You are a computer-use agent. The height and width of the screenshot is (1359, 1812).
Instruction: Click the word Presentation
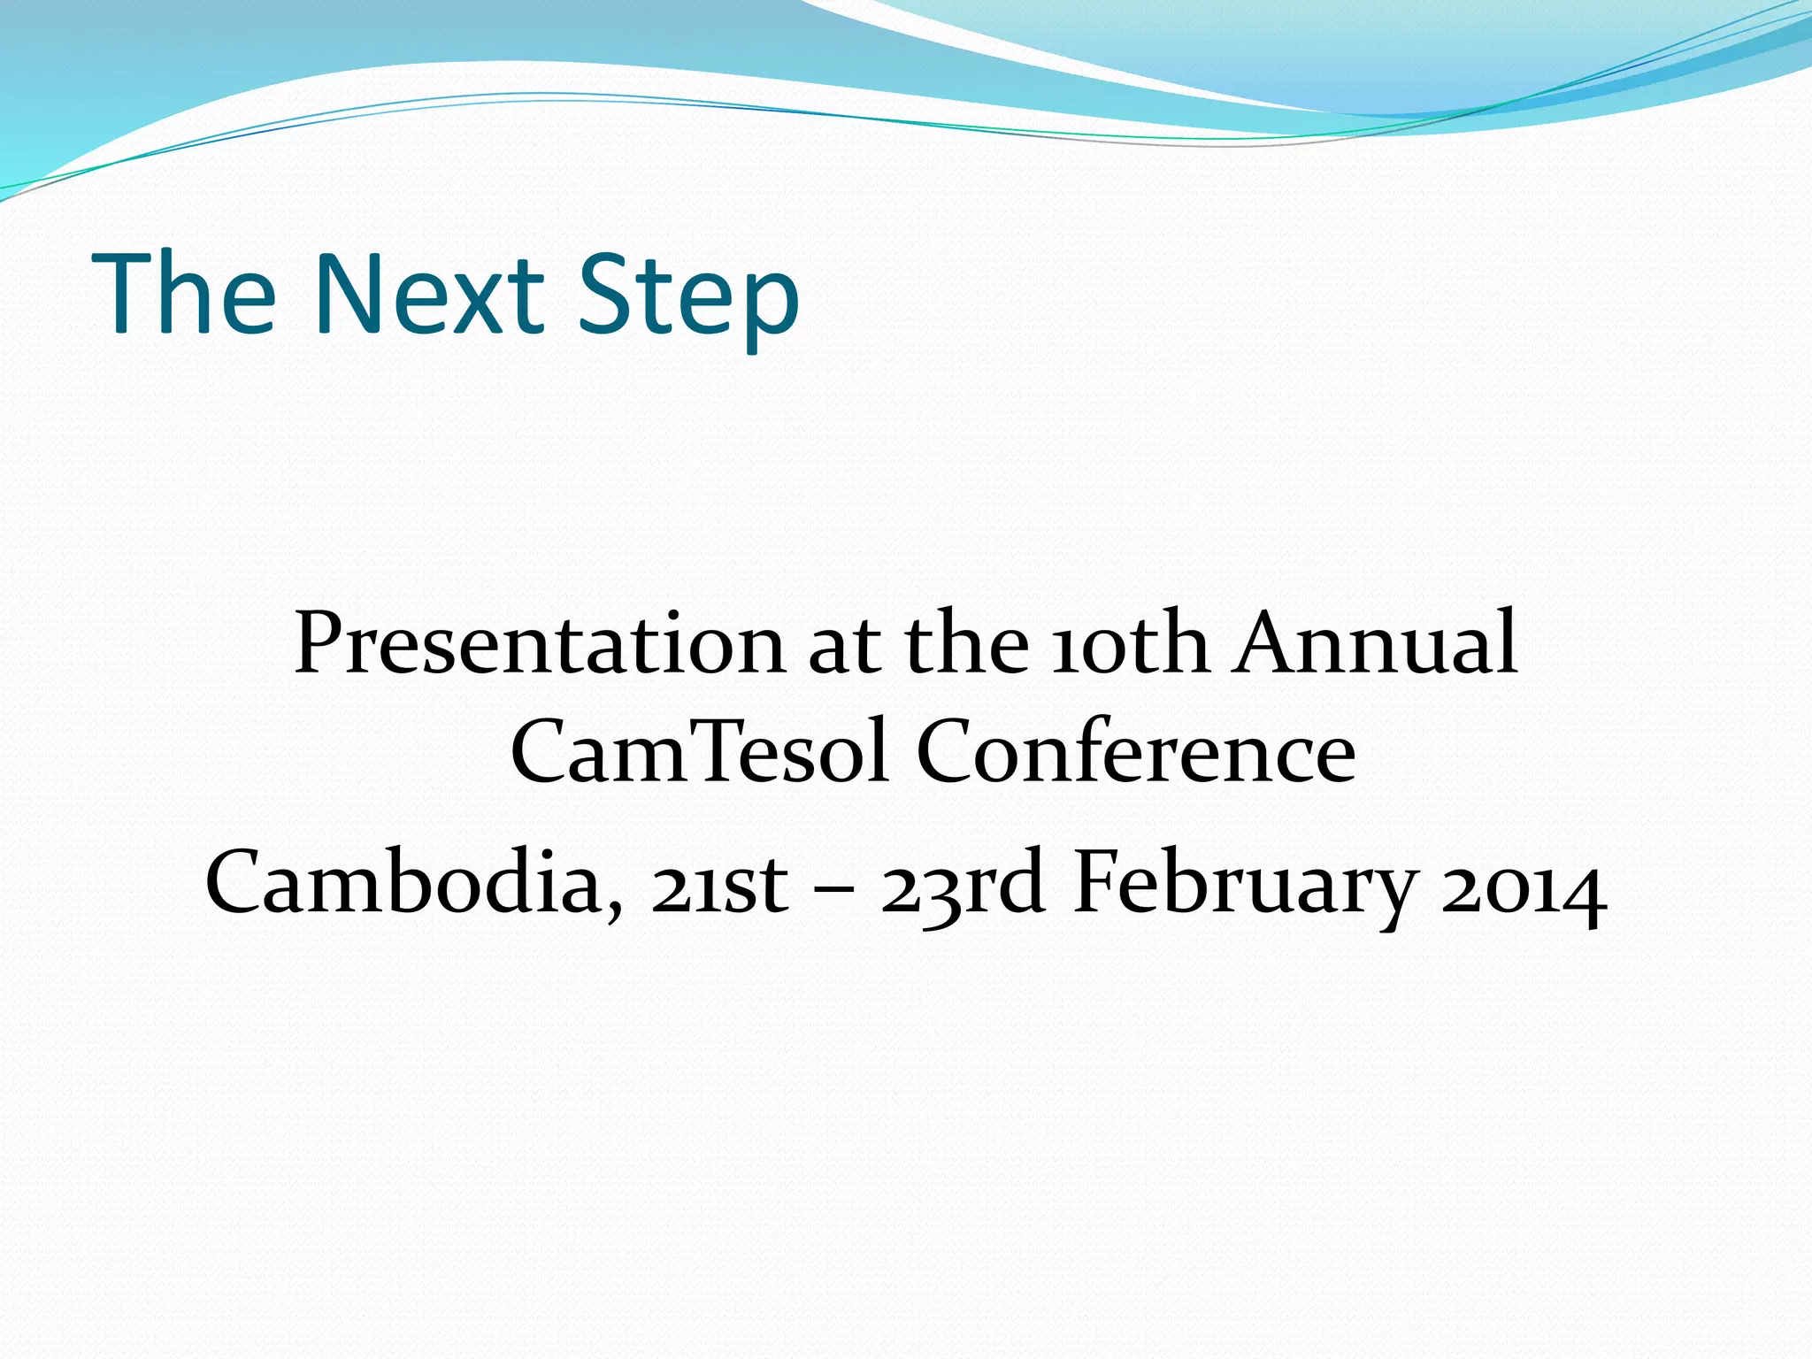tap(539, 643)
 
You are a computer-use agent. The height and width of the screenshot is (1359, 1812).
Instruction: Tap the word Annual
tap(1377, 643)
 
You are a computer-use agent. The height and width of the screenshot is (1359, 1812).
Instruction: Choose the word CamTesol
tap(700, 752)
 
